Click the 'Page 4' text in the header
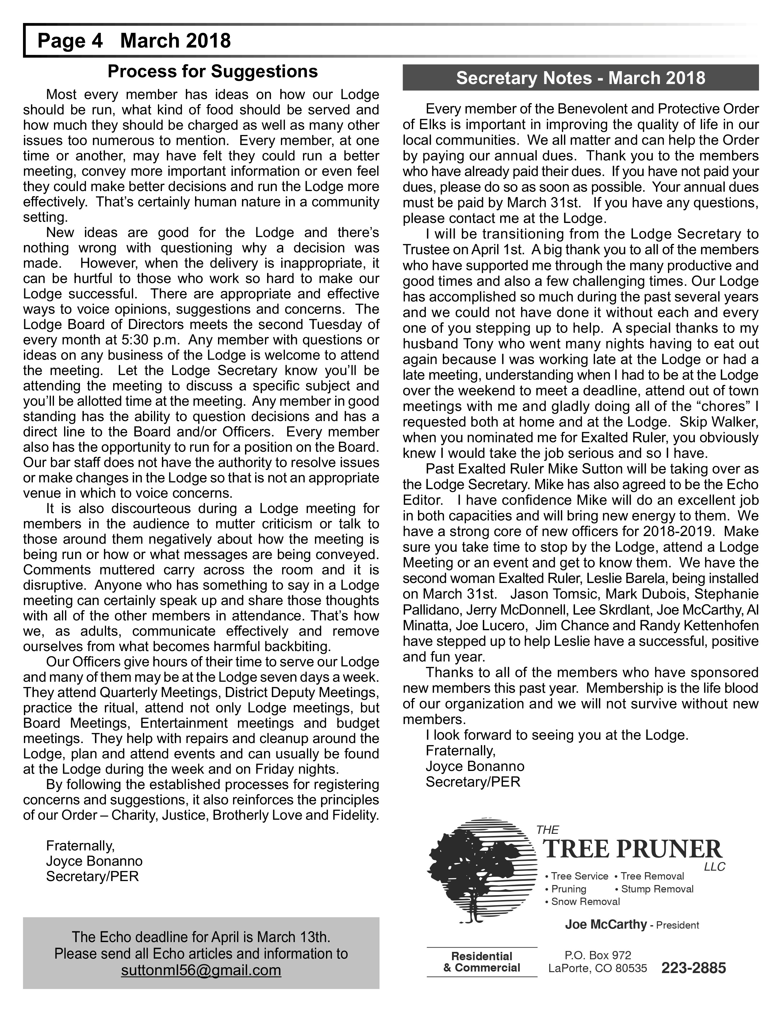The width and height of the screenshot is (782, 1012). [x=70, y=41]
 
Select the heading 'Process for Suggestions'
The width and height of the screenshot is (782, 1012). [x=213, y=72]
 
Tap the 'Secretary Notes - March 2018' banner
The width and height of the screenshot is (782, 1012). [x=581, y=78]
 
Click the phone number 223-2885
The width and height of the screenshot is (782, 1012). [x=693, y=968]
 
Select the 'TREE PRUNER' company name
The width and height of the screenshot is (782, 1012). [x=633, y=849]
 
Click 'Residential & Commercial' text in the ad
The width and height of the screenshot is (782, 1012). [x=482, y=962]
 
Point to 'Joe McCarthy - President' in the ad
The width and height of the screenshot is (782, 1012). [x=631, y=925]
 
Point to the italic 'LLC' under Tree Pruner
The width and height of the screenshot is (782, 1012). [x=714, y=867]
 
